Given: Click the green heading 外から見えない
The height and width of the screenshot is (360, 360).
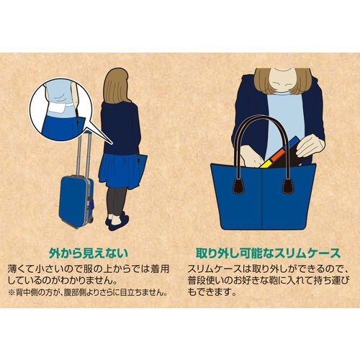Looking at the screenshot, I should coord(89,253).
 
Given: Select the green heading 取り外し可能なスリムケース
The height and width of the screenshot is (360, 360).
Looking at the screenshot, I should coord(266,253).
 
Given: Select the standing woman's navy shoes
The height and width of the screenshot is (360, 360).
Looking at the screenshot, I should coord(114,222).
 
